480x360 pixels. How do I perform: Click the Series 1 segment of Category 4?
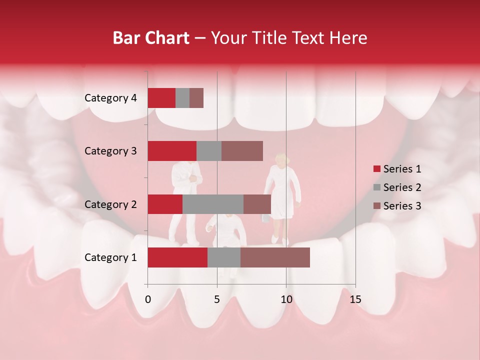click(x=161, y=98)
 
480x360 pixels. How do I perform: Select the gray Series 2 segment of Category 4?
click(x=182, y=98)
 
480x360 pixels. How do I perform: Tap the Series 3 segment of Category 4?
click(x=196, y=98)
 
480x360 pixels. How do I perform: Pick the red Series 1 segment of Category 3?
click(x=172, y=151)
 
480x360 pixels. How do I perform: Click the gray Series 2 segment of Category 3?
click(x=209, y=151)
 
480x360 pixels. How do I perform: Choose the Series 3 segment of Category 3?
click(x=242, y=151)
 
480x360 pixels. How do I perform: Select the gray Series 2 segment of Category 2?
click(x=213, y=204)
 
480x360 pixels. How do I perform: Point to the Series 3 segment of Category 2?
click(x=257, y=204)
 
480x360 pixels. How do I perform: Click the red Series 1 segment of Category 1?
click(x=177, y=257)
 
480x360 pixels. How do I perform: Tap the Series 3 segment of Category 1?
click(x=275, y=257)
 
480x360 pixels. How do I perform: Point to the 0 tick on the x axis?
click(x=148, y=299)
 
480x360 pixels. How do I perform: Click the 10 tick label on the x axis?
click(x=286, y=299)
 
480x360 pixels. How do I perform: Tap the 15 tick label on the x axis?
click(x=355, y=299)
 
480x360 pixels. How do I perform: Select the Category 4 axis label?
click(x=110, y=98)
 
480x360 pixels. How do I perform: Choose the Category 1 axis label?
click(x=110, y=257)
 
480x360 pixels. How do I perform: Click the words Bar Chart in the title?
click(x=151, y=38)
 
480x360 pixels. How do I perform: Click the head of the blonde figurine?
click(x=280, y=159)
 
